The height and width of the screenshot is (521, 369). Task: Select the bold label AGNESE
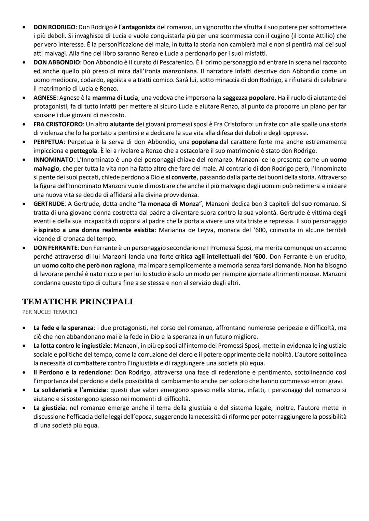[45, 98]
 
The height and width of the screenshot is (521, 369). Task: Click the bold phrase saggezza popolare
[248, 98]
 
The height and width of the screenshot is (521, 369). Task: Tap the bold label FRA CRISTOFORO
[58, 124]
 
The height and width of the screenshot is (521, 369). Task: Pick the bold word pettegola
[83, 151]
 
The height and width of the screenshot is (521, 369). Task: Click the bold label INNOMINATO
[53, 160]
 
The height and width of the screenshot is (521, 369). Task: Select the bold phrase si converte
[181, 177]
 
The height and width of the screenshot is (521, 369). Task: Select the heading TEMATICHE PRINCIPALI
[78, 302]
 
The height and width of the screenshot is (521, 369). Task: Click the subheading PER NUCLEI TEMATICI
[50, 312]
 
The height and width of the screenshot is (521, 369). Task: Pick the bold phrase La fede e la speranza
[63, 328]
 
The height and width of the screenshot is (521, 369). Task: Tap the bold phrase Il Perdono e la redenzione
[72, 372]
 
